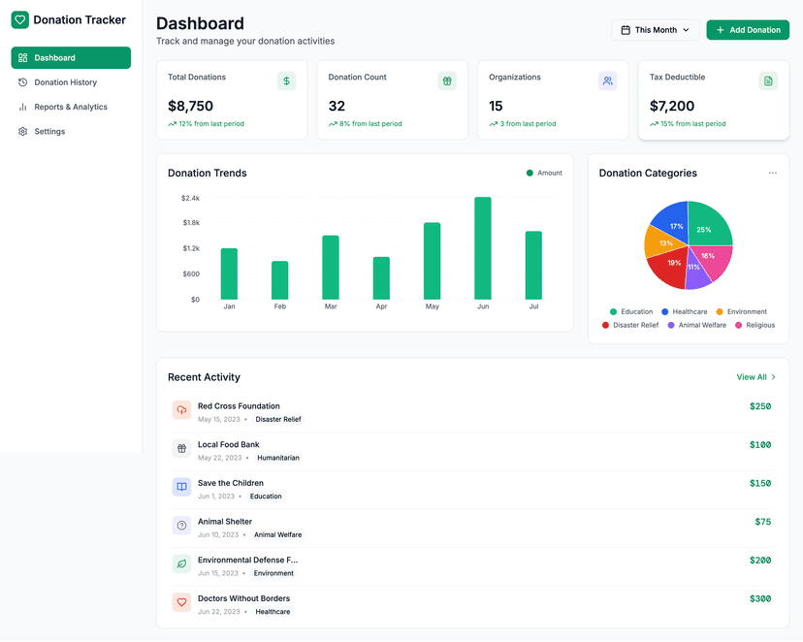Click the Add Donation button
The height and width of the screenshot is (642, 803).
click(748, 30)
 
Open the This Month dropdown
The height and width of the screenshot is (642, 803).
click(655, 30)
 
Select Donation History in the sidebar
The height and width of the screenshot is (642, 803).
click(65, 82)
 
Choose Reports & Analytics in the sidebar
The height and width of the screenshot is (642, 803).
click(71, 107)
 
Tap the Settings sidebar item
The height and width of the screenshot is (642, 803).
click(49, 131)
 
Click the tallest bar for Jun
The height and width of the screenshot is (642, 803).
click(482, 248)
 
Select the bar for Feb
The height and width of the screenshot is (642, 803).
click(279, 280)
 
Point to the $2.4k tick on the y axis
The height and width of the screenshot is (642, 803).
click(190, 198)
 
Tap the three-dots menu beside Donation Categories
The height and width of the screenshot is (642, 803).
click(773, 173)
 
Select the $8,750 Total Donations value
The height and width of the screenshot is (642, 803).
click(190, 106)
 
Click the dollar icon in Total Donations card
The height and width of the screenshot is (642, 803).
click(286, 81)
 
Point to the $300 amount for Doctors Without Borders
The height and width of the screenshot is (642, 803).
click(760, 598)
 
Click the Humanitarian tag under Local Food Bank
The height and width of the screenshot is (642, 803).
click(278, 458)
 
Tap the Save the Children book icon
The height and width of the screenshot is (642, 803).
click(181, 486)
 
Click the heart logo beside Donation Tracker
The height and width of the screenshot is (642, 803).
click(20, 19)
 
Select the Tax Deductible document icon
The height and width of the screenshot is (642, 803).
click(768, 81)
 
